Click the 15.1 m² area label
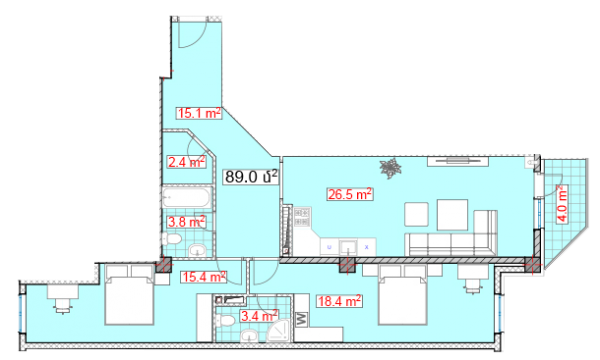[x=199, y=113]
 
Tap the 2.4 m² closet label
[x=186, y=162]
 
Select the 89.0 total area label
[x=251, y=177]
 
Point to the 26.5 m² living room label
[x=350, y=194]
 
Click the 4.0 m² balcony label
[x=562, y=204]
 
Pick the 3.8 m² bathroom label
[x=186, y=222]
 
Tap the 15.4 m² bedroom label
[x=204, y=277]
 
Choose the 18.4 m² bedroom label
[x=339, y=301]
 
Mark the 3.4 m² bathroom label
[x=259, y=316]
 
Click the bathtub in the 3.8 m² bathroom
[x=187, y=197]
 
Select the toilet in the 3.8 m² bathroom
[x=171, y=239]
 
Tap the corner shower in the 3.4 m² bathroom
[x=279, y=331]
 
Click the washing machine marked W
[x=302, y=319]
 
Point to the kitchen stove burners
[x=302, y=217]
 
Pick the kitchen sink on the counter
[x=348, y=248]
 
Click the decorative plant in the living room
[x=390, y=168]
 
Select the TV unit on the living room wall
[x=458, y=161]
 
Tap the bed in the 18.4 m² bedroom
[x=403, y=295]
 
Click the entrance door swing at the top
[x=192, y=34]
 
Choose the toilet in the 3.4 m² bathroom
[x=225, y=320]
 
